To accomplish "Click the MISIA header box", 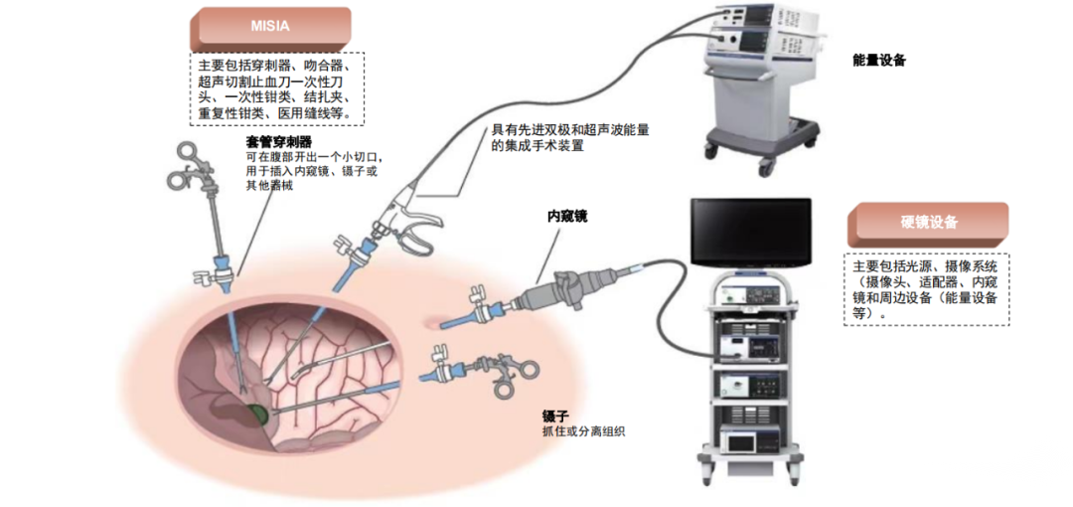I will coord(269,27).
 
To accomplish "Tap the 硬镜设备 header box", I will coord(928,224).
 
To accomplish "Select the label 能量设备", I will coord(878,61).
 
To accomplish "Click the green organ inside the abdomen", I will coord(258,414).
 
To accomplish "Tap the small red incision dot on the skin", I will coord(431,320).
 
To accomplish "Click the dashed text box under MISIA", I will coord(276,89).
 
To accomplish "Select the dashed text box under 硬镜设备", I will coord(928,289).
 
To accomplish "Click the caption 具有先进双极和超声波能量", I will coord(576,130).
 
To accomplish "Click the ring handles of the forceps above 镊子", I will coord(517,378).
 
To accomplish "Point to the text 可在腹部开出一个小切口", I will coord(313,157).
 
